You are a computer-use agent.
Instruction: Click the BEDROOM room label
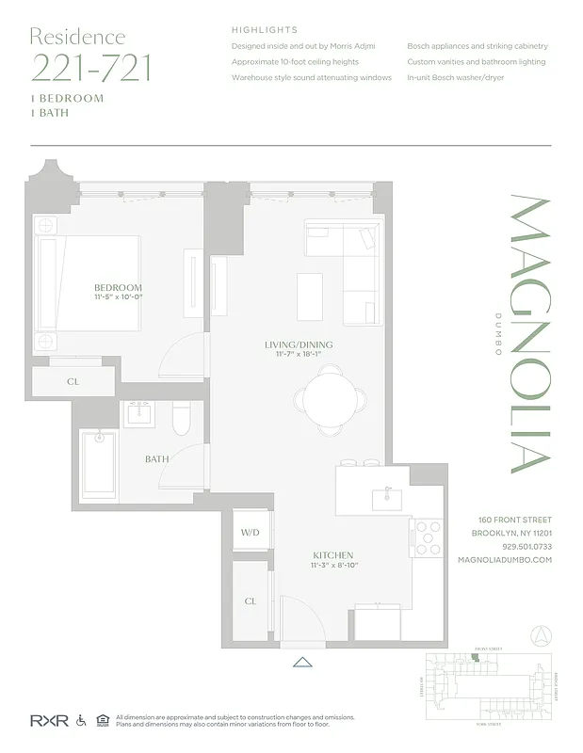118,287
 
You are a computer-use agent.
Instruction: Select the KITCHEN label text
334,555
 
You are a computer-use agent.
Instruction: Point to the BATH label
156,459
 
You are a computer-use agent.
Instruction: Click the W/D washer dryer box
250,532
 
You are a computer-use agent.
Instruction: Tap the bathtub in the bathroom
97,466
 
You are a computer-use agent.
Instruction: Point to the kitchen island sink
387,498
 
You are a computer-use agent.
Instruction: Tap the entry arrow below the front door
302,662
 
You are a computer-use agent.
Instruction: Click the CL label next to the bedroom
73,382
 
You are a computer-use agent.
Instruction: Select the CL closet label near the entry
250,601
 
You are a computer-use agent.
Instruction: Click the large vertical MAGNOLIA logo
529,333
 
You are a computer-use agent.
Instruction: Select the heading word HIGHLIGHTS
265,30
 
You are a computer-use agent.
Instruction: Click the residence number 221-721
90,68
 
